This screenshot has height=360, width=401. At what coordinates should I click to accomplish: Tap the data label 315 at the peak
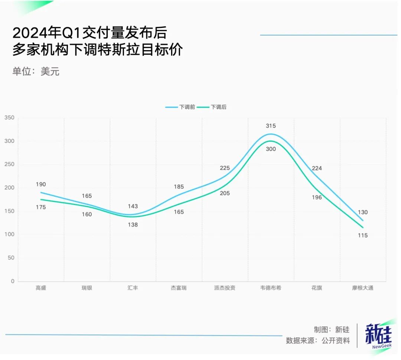271,126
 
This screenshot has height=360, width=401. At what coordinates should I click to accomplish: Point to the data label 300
271,149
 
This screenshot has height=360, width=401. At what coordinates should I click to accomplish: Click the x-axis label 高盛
41,288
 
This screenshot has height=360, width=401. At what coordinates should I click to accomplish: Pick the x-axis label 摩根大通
363,288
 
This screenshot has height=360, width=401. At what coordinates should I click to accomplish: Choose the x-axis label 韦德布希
271,288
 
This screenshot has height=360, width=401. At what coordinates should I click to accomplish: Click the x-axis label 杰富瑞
179,288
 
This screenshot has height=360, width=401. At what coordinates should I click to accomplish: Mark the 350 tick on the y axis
9,118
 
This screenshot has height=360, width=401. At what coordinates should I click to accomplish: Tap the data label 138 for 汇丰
133,225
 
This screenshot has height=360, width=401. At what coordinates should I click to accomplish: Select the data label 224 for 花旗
317,168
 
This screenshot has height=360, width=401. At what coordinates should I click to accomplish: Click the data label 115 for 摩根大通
363,235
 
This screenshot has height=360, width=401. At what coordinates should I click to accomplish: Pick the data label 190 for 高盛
41,184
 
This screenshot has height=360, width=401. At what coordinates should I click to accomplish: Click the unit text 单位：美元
36,71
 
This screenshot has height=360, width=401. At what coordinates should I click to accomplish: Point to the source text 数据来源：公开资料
318,340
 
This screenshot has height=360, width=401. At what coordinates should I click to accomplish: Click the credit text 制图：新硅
332,330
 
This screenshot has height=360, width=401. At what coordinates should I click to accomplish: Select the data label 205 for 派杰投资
225,193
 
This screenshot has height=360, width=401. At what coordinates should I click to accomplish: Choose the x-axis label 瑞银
87,288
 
